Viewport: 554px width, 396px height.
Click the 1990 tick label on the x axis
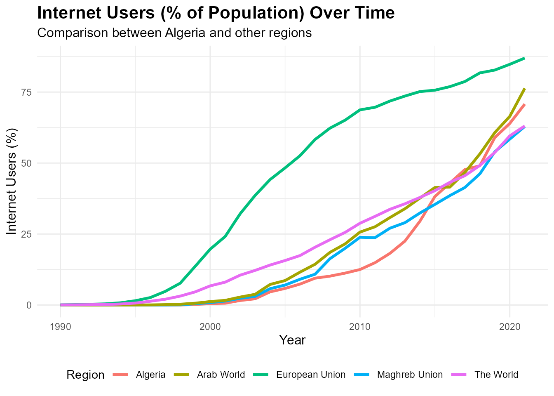(x=60, y=327)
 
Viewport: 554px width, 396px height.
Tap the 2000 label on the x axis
(x=210, y=327)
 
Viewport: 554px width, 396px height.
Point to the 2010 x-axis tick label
(x=360, y=327)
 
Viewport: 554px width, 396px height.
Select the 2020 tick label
(x=509, y=327)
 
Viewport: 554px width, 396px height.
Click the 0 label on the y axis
(x=29, y=305)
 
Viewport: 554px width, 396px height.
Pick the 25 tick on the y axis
(x=27, y=234)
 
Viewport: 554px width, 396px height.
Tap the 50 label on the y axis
(x=27, y=163)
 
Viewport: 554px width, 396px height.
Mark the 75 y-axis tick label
(x=27, y=92)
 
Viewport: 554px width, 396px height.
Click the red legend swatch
(x=120, y=375)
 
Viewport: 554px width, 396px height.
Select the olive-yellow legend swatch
(x=181, y=375)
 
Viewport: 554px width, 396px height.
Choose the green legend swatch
(x=261, y=375)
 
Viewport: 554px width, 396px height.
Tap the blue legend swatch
(x=362, y=375)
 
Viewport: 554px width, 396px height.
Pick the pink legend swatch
(x=459, y=375)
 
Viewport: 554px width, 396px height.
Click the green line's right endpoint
(x=525, y=58)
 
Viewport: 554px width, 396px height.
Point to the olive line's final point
(x=525, y=88)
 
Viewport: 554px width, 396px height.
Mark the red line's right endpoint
(x=525, y=104)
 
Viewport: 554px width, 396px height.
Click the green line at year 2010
(x=360, y=110)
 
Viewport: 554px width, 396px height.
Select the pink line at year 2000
(x=210, y=286)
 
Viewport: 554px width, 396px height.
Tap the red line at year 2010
(x=360, y=270)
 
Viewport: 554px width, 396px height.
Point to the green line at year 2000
(x=210, y=249)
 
